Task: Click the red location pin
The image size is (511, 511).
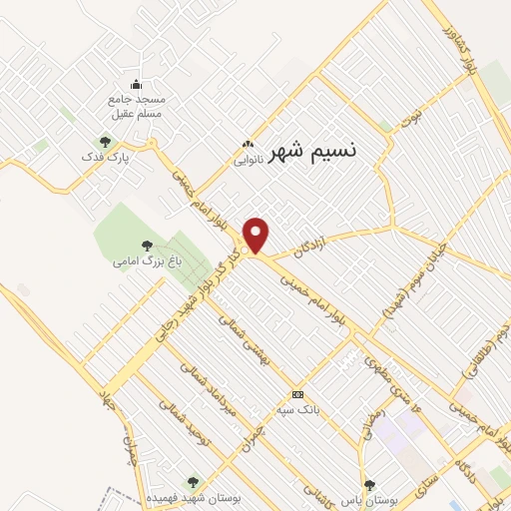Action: pos(257,236)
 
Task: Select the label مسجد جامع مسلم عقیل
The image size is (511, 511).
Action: pos(136,108)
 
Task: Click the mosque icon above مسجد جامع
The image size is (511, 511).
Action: pos(136,84)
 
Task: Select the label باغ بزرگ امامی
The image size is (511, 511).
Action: pos(139,261)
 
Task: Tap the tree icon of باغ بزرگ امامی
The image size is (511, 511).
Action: pos(147,244)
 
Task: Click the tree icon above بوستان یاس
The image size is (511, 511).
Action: pos(369,485)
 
